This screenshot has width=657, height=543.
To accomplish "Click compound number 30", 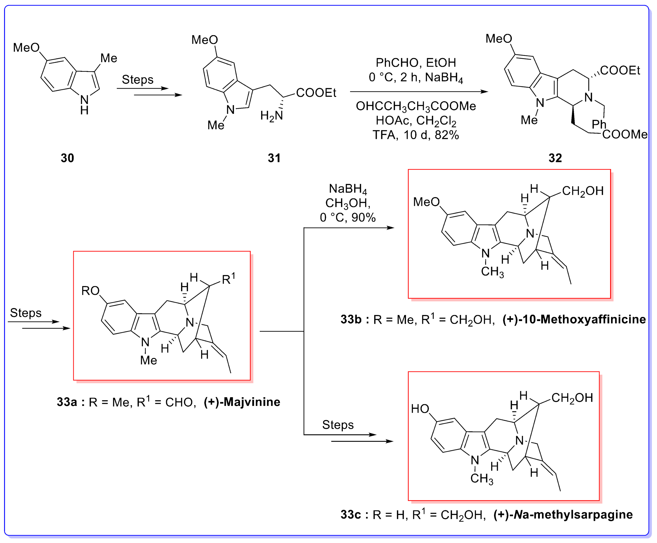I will pyautogui.click(x=67, y=158).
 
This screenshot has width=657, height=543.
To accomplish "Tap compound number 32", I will pyautogui.click(x=555, y=158).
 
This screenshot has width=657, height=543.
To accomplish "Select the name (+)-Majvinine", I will pyautogui.click(x=242, y=402).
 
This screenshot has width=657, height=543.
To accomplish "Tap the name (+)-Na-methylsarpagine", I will pyautogui.click(x=563, y=515).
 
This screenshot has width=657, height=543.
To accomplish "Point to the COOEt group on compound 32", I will pyautogui.click(x=620, y=70).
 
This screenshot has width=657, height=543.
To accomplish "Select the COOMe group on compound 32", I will pyautogui.click(x=624, y=134).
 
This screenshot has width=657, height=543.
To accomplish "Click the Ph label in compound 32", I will pyautogui.click(x=598, y=124).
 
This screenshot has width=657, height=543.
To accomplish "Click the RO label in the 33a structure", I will pyautogui.click(x=90, y=291).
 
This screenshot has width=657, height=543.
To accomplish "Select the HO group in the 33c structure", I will pyautogui.click(x=420, y=409).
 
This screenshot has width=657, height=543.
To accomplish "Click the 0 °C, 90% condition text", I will pyautogui.click(x=348, y=218).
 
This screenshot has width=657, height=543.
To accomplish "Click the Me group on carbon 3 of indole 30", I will pyautogui.click(x=109, y=58).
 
